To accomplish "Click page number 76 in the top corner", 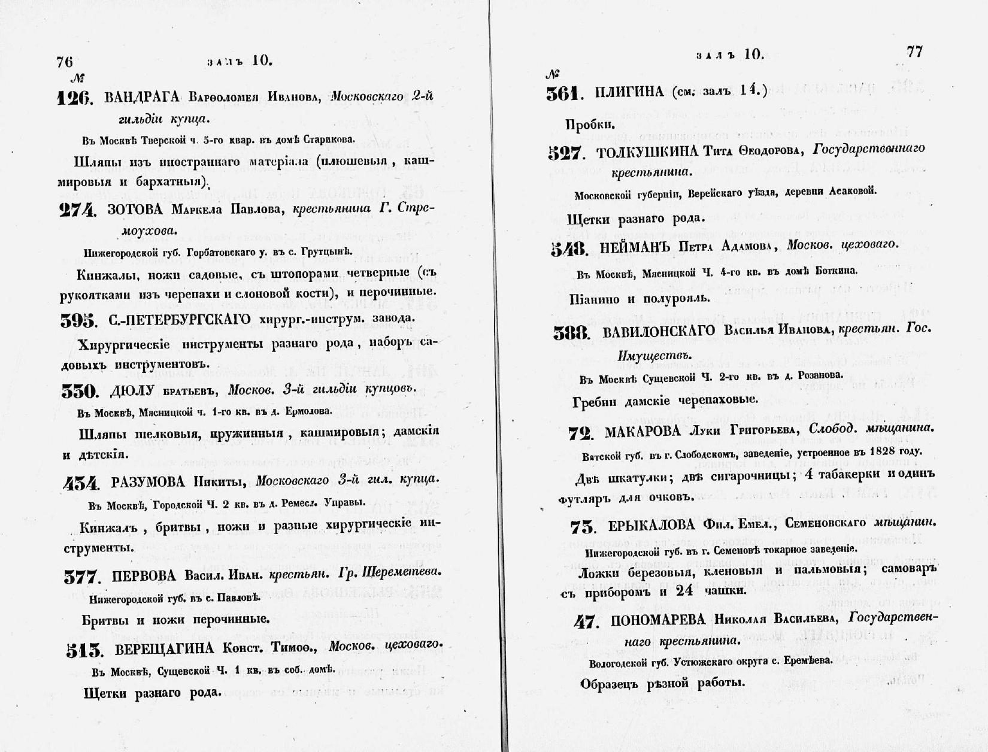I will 64,62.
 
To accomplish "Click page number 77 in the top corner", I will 915,52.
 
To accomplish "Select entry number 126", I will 75,98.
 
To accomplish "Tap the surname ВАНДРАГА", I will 142,97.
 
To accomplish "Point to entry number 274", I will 78,210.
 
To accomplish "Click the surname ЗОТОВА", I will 135,210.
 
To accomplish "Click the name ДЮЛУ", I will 132,391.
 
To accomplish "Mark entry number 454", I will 80,482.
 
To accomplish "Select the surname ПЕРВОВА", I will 144,576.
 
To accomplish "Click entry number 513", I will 84,651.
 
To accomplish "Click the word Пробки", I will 590,125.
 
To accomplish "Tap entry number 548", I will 569,248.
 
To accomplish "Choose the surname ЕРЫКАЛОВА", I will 651,526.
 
